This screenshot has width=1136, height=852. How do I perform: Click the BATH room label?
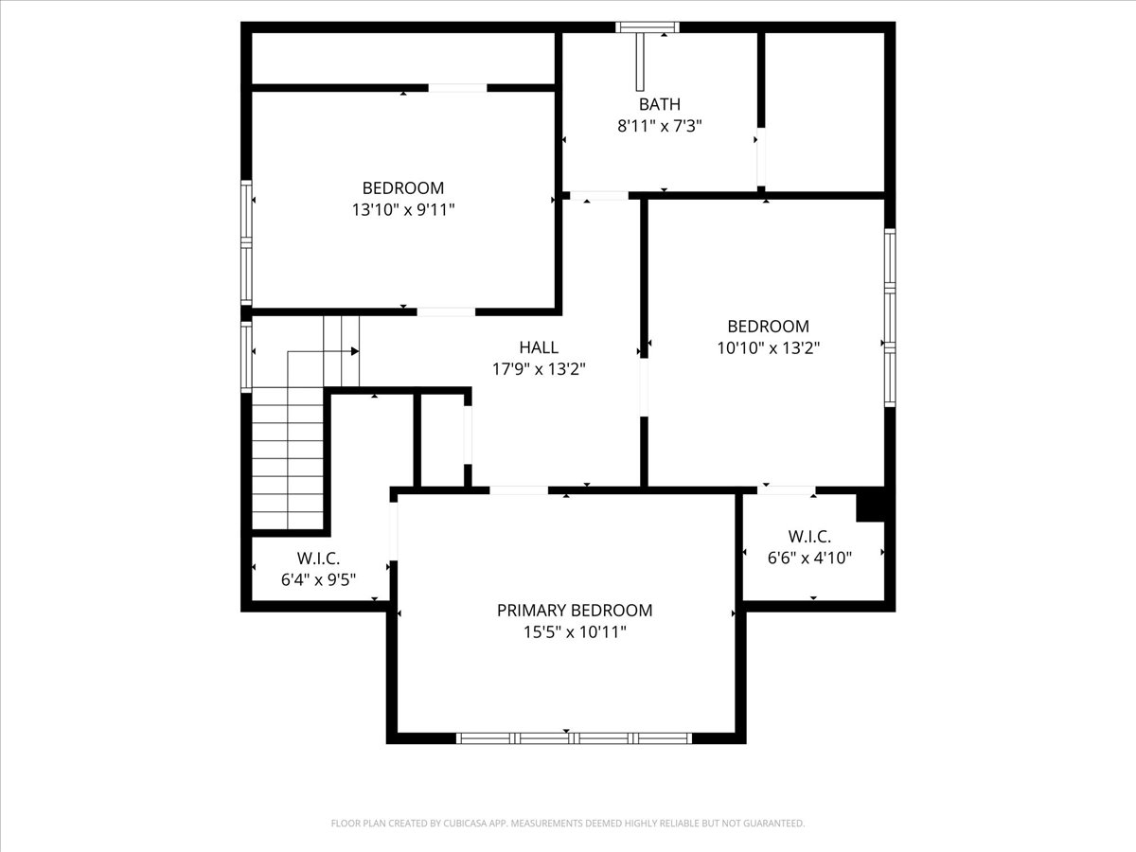point(659,104)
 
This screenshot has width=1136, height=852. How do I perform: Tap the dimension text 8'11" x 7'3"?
point(659,125)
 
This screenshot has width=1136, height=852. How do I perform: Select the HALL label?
point(539,347)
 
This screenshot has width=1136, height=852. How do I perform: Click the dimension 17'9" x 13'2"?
point(539,369)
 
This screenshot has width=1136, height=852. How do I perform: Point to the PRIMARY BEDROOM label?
point(575,611)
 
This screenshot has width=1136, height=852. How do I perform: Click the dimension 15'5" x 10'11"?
point(575,631)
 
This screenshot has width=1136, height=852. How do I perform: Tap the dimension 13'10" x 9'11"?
point(403,209)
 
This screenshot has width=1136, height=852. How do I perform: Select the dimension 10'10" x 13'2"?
point(768,347)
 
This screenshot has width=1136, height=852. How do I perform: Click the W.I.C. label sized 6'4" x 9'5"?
point(318,559)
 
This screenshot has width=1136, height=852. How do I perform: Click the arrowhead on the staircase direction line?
point(355,351)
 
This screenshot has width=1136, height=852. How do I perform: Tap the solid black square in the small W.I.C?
point(870,506)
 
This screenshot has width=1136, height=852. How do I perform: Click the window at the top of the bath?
point(648,27)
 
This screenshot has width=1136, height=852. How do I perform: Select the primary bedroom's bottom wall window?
point(574,737)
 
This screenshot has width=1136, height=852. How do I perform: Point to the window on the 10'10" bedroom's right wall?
point(890,318)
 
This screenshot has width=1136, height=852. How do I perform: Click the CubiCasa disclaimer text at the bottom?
point(568,824)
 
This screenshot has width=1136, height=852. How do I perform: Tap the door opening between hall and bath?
point(598,196)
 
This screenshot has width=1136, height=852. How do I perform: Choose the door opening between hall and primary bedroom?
point(519,490)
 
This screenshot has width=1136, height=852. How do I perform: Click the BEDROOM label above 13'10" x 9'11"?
point(403,187)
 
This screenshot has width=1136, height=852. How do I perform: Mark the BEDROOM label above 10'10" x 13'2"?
point(768,327)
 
